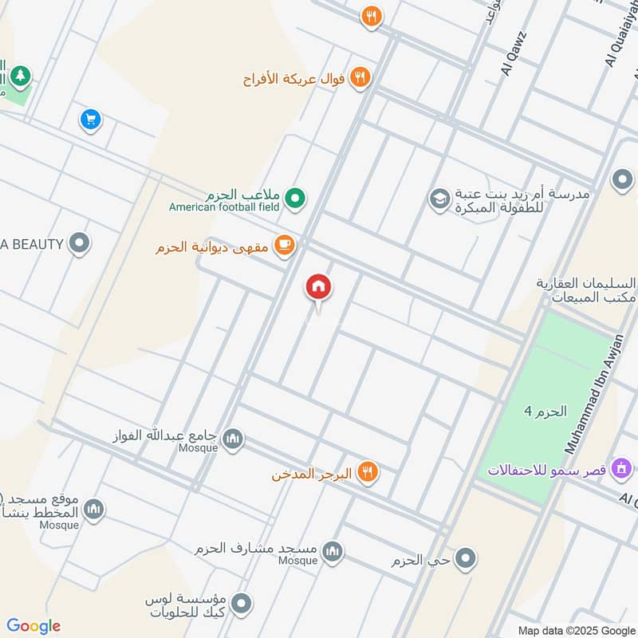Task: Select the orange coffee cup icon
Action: click(x=283, y=246)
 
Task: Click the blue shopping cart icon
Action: click(x=90, y=120)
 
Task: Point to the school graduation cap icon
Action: click(x=439, y=199)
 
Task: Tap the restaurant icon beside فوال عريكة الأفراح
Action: click(x=360, y=77)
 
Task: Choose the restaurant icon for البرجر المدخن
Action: click(x=367, y=472)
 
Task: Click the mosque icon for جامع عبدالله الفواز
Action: click(x=233, y=439)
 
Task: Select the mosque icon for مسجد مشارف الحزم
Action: click(x=333, y=550)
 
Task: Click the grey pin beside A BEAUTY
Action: click(x=78, y=243)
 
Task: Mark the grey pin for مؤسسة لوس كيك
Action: click(x=242, y=604)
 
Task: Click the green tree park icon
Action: click(x=18, y=76)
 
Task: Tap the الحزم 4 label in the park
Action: click(x=545, y=412)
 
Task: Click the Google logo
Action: click(x=33, y=626)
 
